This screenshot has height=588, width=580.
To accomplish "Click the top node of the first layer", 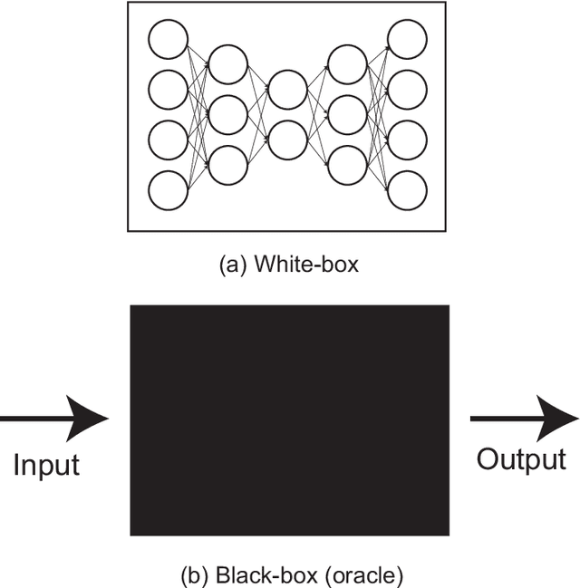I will pyautogui.click(x=168, y=39).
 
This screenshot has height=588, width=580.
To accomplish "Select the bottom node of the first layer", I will pyautogui.click(x=168, y=191).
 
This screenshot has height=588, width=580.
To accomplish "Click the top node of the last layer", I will pyautogui.click(x=407, y=39).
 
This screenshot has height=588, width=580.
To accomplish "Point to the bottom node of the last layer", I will pyautogui.click(x=407, y=191).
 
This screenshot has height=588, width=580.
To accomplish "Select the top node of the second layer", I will pyautogui.click(x=227, y=63).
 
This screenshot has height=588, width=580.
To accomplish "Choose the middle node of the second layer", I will pyautogui.click(x=227, y=114).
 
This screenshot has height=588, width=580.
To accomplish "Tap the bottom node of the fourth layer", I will pyautogui.click(x=347, y=165).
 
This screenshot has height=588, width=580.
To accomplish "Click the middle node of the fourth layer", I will pyautogui.click(x=347, y=114).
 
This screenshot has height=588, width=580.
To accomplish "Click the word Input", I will pyautogui.click(x=46, y=465).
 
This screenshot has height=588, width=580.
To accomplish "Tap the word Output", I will pyautogui.click(x=521, y=459).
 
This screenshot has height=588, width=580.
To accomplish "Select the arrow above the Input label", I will pyautogui.click(x=54, y=419).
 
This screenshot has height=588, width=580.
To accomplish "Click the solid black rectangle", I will pyautogui.click(x=290, y=419).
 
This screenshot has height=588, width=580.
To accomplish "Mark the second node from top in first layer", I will pyautogui.click(x=168, y=90).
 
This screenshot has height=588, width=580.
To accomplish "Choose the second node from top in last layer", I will pyautogui.click(x=407, y=90).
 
